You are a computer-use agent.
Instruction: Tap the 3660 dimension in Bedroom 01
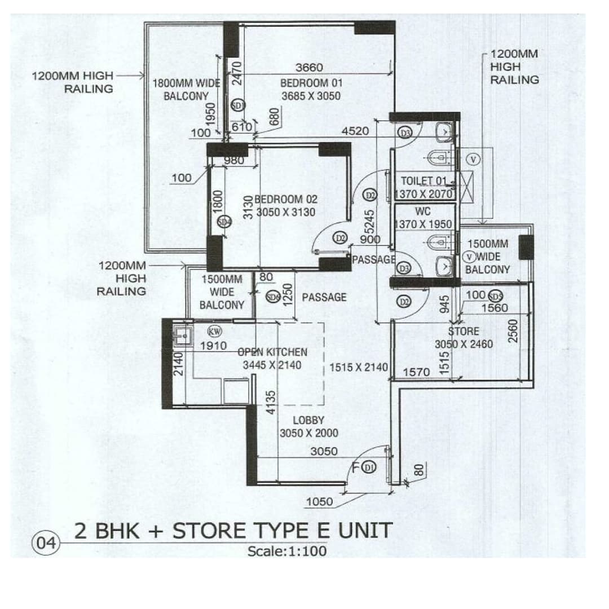(x=309, y=68)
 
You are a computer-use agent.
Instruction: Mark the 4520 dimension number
(x=355, y=131)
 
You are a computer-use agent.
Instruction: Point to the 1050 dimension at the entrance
(x=319, y=502)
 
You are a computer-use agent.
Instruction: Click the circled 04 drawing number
(x=46, y=544)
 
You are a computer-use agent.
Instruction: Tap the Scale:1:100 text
(x=287, y=551)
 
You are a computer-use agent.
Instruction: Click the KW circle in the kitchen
(x=215, y=331)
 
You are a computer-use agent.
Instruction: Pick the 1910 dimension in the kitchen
(x=213, y=345)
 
